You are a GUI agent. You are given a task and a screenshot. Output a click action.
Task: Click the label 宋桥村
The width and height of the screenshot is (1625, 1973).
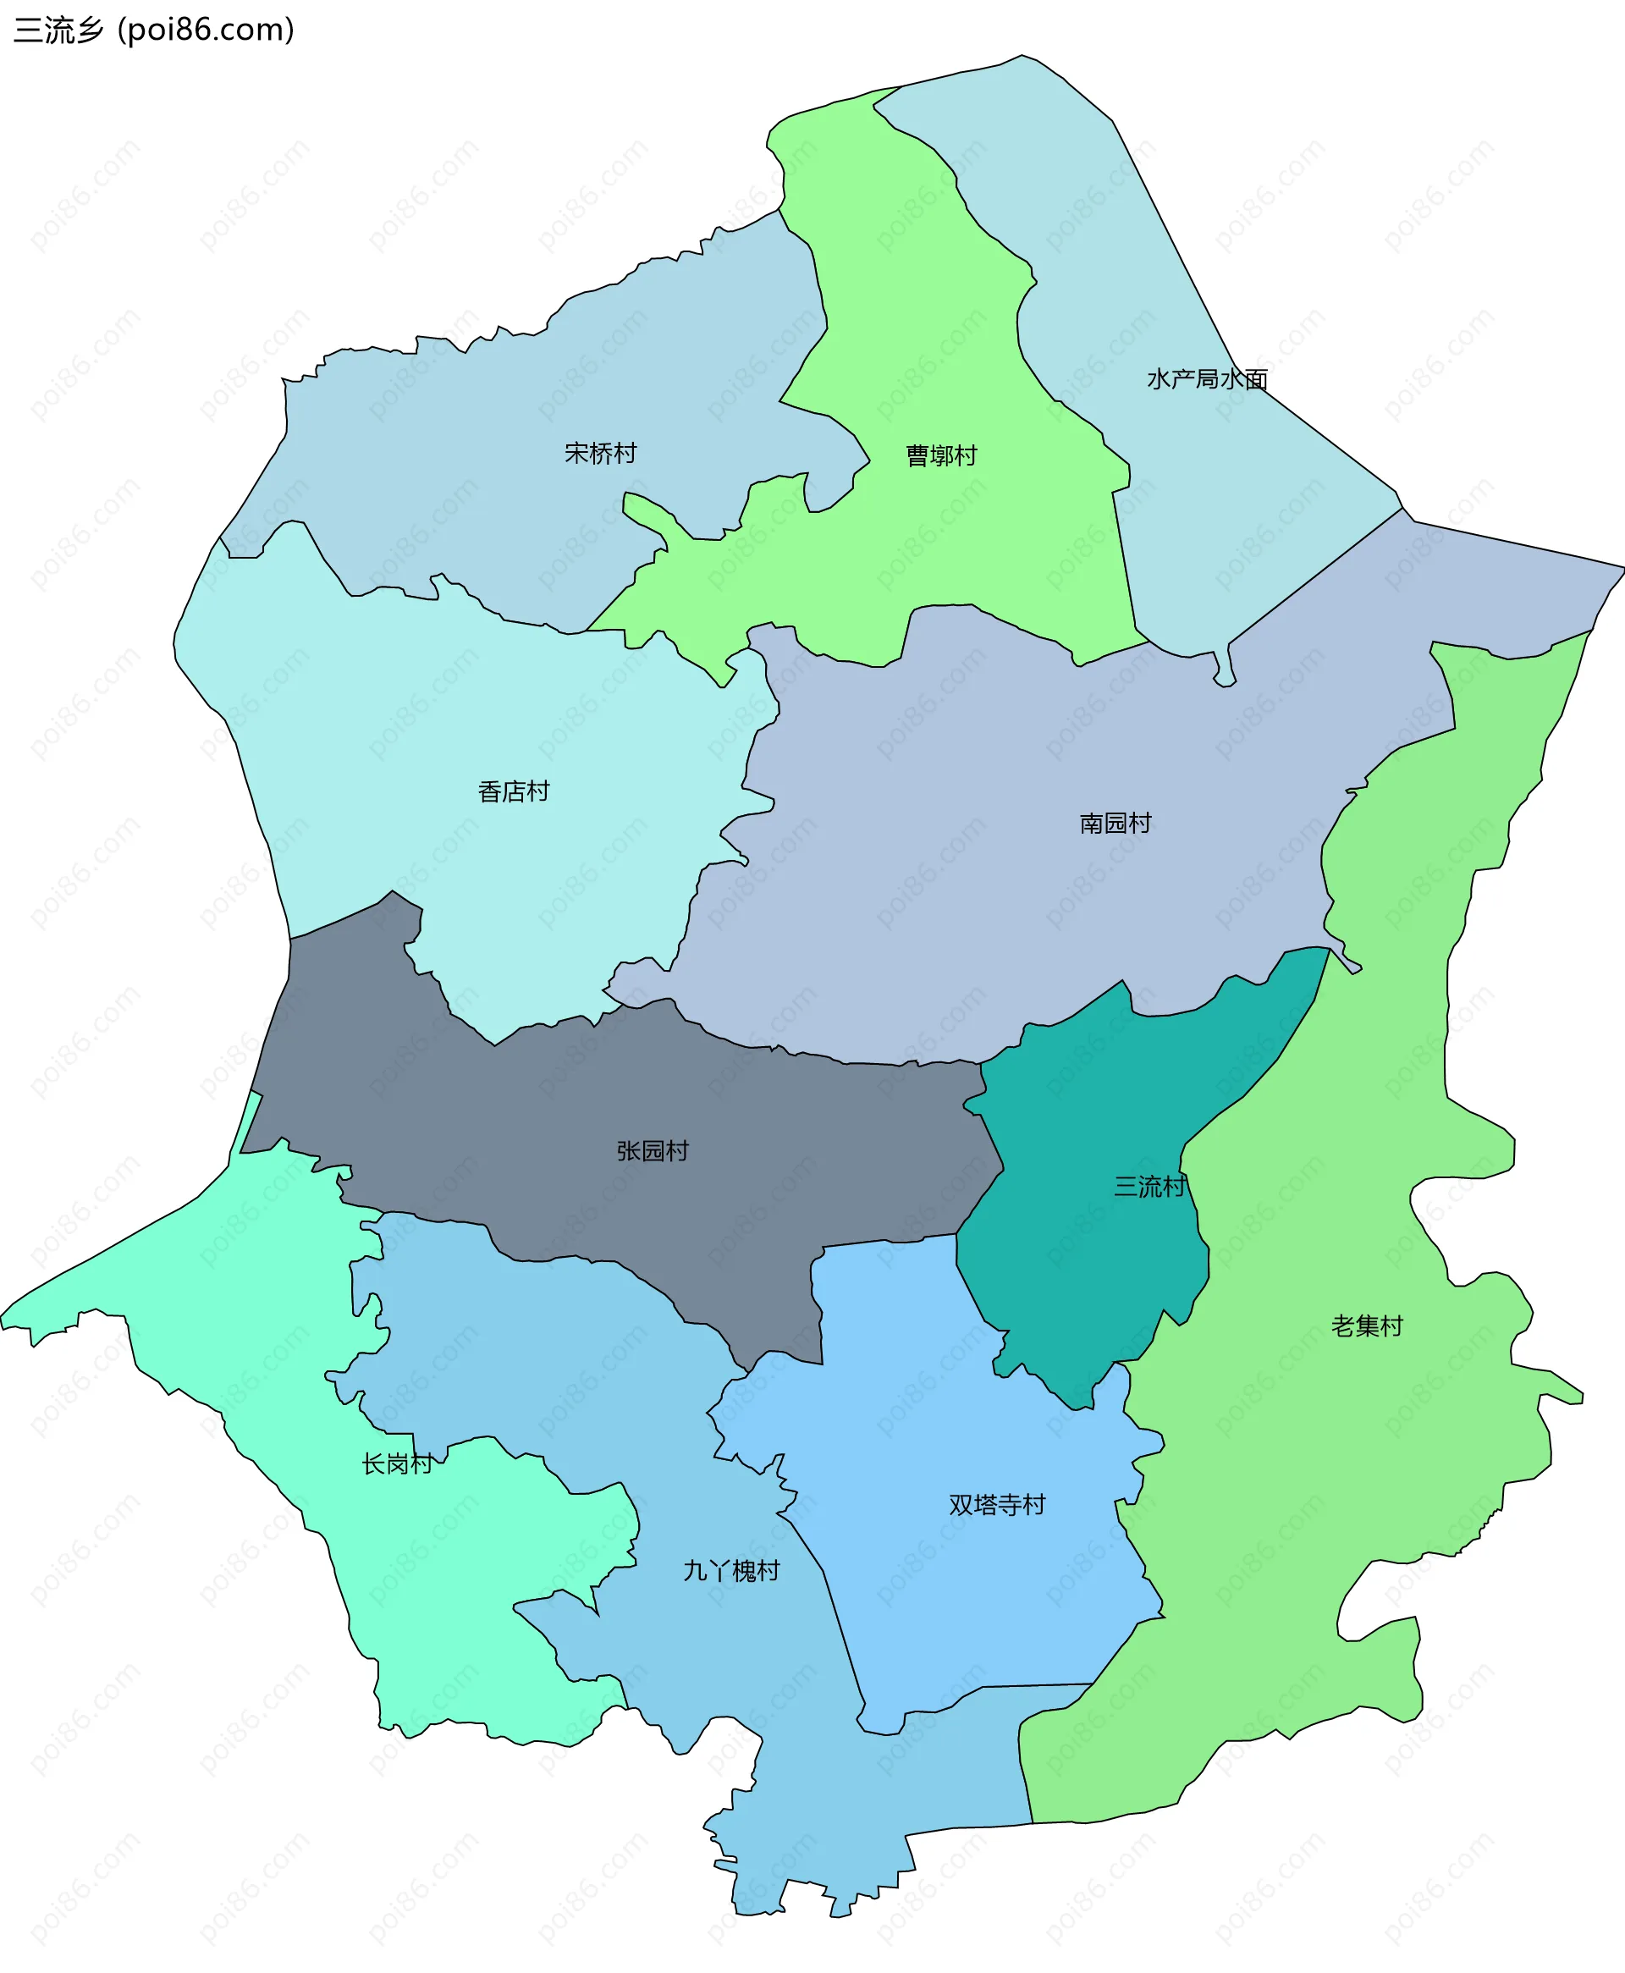click(600, 453)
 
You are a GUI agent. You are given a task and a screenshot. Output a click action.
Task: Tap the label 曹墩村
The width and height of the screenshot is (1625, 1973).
click(941, 456)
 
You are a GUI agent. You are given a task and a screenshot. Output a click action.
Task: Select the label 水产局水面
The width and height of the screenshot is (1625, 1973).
click(1207, 379)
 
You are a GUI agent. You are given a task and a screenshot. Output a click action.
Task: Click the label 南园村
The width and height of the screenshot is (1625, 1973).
click(1115, 823)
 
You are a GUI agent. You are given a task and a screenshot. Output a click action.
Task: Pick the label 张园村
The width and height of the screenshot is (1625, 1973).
click(653, 1150)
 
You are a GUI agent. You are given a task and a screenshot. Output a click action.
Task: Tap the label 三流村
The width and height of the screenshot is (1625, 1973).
click(1149, 1187)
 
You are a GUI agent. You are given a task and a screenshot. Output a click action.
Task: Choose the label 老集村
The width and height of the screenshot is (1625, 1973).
click(1367, 1325)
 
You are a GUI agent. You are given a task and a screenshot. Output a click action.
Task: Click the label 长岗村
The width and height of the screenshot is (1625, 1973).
click(397, 1463)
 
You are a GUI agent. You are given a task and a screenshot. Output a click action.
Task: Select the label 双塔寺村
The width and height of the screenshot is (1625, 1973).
click(997, 1505)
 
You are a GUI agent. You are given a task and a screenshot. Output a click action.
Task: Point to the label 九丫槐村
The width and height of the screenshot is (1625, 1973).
click(731, 1571)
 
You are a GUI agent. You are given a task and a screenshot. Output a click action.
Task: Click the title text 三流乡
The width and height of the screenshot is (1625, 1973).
click(58, 30)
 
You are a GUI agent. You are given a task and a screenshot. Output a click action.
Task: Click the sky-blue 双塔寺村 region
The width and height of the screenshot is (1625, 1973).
click(936, 1404)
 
